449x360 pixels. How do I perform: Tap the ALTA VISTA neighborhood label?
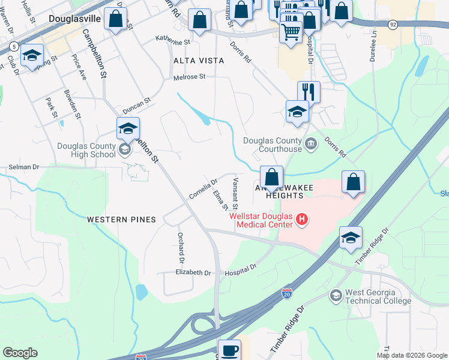coord(199,61)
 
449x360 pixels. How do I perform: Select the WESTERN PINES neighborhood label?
coord(121,220)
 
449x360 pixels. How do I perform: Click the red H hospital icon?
coord(302,220)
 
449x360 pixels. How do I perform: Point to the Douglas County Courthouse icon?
coord(311,142)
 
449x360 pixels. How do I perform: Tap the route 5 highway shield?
coord(13,46)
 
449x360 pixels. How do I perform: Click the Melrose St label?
coord(189,77)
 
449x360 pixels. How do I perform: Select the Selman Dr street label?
coord(23,167)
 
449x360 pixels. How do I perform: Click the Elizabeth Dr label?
coord(193,272)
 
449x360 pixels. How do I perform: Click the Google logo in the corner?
coord(20,353)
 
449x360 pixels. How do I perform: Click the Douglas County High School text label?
coord(86,150)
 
